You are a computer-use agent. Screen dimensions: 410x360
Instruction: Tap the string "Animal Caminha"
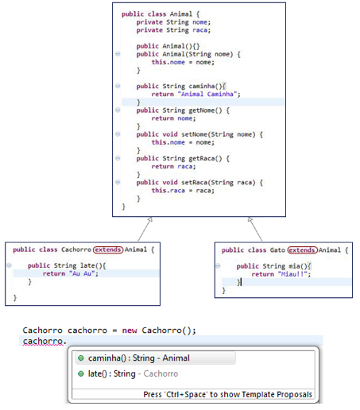point(208,94)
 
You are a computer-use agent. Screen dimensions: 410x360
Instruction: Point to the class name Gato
point(277,250)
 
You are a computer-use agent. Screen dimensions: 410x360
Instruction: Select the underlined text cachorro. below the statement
point(45,341)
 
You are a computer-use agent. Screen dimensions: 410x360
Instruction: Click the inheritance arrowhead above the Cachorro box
point(149,219)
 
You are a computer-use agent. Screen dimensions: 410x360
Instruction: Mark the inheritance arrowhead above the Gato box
point(250,219)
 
